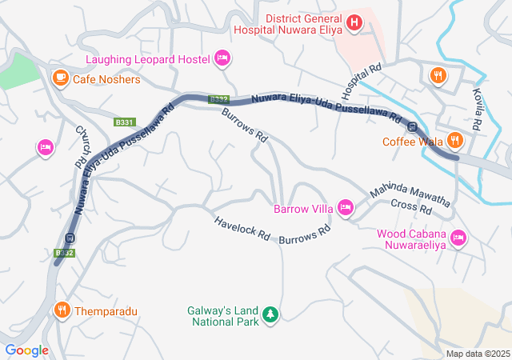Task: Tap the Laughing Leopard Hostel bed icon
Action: (x=223, y=58)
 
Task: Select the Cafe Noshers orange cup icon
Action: (x=60, y=78)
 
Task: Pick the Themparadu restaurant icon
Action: (x=61, y=310)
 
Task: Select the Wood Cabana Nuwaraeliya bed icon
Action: (x=458, y=237)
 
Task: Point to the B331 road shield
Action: (x=124, y=122)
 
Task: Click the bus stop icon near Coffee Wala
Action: (x=413, y=126)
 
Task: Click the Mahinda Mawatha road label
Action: (x=409, y=195)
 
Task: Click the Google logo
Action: (x=26, y=350)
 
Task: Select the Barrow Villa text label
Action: (x=303, y=210)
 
